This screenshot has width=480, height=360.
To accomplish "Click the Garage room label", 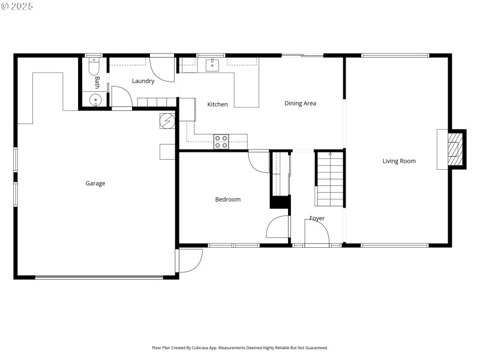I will tap(95, 184).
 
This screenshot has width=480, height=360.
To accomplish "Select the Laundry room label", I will tap(143, 81).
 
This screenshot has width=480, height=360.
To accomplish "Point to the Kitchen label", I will tap(217, 104).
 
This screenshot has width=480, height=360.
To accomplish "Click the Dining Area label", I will tap(300, 103).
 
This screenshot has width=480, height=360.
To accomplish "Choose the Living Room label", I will tap(399, 161).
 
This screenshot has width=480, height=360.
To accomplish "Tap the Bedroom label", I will tap(228, 199).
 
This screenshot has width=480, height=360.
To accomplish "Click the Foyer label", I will tap(317, 218).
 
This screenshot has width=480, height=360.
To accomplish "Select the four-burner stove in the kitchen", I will tap(221, 142).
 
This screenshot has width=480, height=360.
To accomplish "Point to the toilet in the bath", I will tap(94, 66).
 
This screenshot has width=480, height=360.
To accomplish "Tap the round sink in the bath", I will tap(95, 100).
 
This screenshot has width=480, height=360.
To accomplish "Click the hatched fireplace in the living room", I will tap(456, 149).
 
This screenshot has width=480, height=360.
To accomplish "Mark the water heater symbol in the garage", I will tap(167, 122).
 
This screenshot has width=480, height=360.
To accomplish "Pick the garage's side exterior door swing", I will tap(190, 260).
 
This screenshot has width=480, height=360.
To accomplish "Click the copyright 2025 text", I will tap(17, 6).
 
